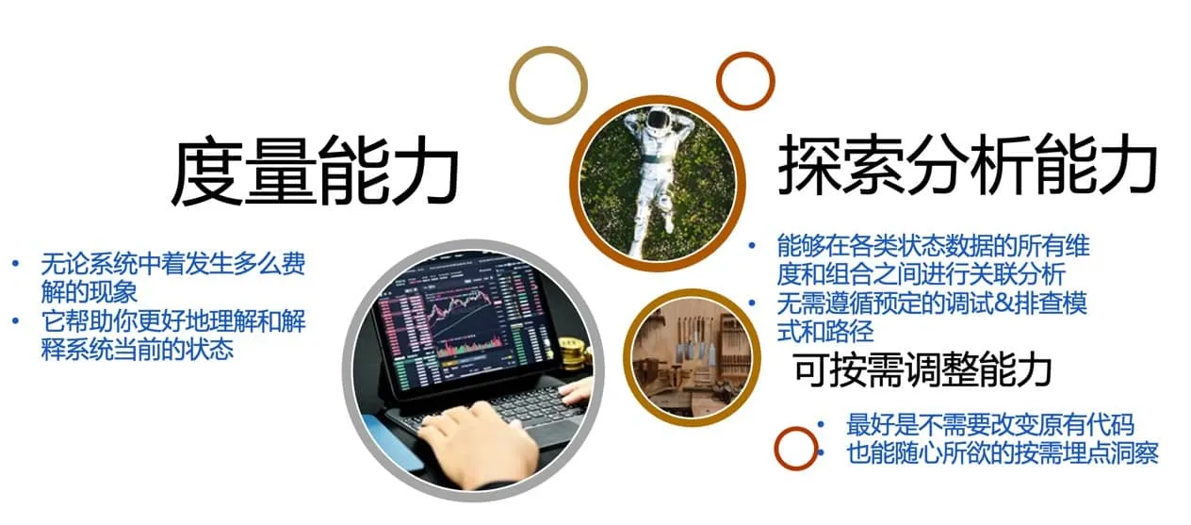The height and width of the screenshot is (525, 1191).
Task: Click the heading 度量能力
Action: (x=314, y=174)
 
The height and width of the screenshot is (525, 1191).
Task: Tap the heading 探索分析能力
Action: (x=967, y=166)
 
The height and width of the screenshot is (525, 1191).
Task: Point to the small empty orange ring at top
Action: (x=745, y=80)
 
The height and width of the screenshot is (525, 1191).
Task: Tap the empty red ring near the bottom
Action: (x=796, y=448)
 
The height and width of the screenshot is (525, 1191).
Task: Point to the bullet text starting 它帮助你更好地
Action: (x=172, y=336)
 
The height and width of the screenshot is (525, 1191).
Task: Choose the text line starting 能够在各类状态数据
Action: (x=933, y=260)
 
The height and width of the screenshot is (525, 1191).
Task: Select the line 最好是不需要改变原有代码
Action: (x=990, y=424)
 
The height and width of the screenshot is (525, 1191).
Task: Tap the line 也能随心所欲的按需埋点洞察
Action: (x=1002, y=452)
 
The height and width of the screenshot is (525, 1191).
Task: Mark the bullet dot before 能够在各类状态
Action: (x=752, y=246)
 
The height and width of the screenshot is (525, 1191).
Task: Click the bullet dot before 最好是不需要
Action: (x=823, y=424)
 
